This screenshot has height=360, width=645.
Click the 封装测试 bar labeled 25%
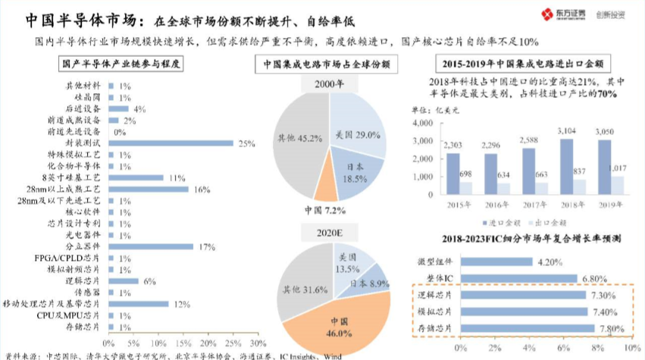click(x=171, y=142)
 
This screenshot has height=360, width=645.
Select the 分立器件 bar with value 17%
click(x=151, y=246)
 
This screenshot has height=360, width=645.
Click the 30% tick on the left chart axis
click(x=258, y=333)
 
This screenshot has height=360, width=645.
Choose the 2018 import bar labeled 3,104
click(x=566, y=168)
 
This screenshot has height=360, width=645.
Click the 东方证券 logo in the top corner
click(x=559, y=14)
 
